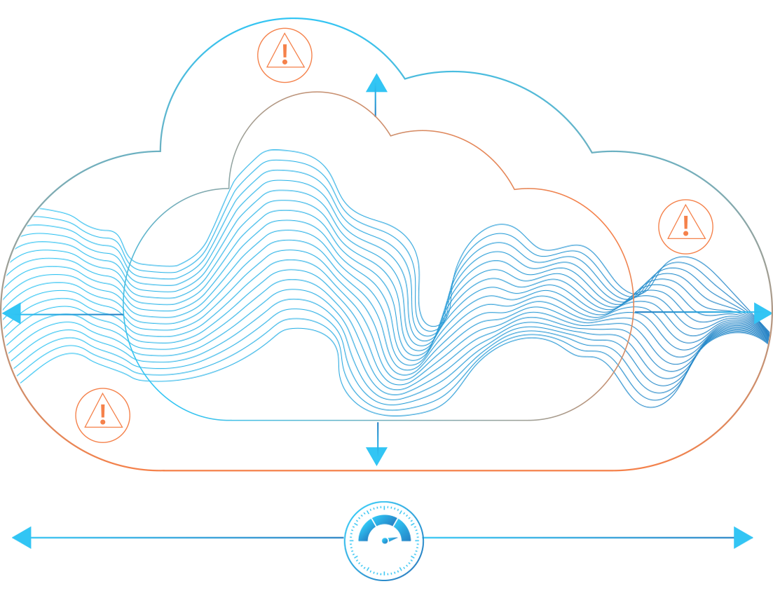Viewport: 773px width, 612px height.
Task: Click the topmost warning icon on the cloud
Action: [285, 55]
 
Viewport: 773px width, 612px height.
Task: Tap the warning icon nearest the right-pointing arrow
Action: [685, 226]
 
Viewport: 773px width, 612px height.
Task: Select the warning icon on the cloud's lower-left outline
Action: [102, 416]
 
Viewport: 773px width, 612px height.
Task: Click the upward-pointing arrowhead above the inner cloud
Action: [376, 83]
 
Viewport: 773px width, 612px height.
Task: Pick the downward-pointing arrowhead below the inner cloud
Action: [377, 456]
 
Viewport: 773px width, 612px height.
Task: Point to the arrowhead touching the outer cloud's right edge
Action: [762, 313]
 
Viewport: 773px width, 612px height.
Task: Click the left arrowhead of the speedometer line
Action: [22, 538]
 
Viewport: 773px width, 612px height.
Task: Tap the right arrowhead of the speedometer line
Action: [744, 538]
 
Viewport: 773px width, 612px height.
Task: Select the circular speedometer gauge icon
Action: [384, 540]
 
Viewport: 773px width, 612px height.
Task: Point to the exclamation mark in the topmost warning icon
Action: [285, 53]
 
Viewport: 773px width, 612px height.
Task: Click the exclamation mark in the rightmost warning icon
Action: [685, 225]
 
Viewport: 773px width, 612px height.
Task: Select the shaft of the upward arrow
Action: [376, 104]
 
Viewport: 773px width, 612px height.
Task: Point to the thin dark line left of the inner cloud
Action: [70, 314]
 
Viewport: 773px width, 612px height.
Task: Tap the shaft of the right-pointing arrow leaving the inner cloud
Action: [694, 312]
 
